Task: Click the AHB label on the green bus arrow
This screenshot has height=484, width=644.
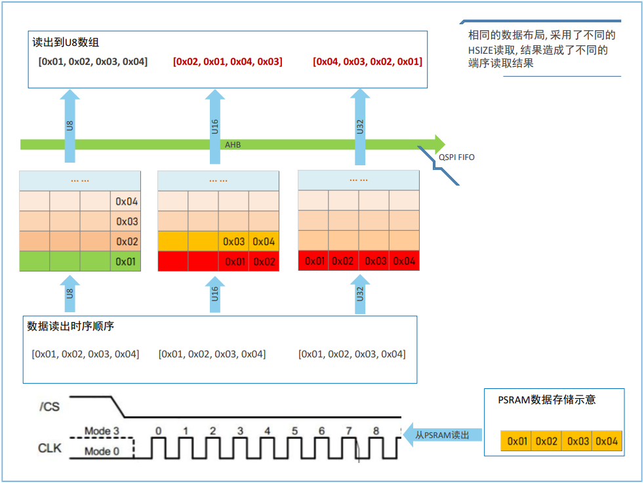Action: [x=232, y=145]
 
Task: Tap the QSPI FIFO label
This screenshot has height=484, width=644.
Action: [x=456, y=157]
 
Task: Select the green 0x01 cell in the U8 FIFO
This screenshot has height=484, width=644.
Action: [x=125, y=262]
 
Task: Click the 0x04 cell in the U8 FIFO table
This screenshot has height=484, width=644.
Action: [x=126, y=201]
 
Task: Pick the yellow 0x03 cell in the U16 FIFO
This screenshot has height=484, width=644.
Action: [x=233, y=241]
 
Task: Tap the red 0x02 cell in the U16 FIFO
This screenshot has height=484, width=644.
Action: [x=264, y=262]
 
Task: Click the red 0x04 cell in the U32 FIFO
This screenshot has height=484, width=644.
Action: [x=404, y=261]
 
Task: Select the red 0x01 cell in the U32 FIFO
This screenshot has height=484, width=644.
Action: [x=315, y=261]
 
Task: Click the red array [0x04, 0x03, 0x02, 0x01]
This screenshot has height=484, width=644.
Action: [x=368, y=62]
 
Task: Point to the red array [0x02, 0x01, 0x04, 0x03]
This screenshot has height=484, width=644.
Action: [x=228, y=62]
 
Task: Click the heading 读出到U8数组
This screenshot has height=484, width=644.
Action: [x=66, y=43]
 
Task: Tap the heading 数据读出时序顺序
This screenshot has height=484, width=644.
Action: [x=70, y=326]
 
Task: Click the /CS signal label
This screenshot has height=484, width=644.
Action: [x=50, y=407]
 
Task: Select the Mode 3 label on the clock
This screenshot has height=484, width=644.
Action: [x=102, y=431]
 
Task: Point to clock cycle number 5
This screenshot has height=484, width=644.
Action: [x=294, y=431]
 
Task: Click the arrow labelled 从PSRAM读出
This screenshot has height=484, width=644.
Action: [x=442, y=435]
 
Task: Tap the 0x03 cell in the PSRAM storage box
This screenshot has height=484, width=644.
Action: [x=578, y=441]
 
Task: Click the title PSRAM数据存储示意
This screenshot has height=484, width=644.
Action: [x=547, y=400]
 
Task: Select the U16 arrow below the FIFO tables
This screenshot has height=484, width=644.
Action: [x=215, y=294]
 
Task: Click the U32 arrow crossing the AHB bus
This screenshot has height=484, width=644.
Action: [x=360, y=127]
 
